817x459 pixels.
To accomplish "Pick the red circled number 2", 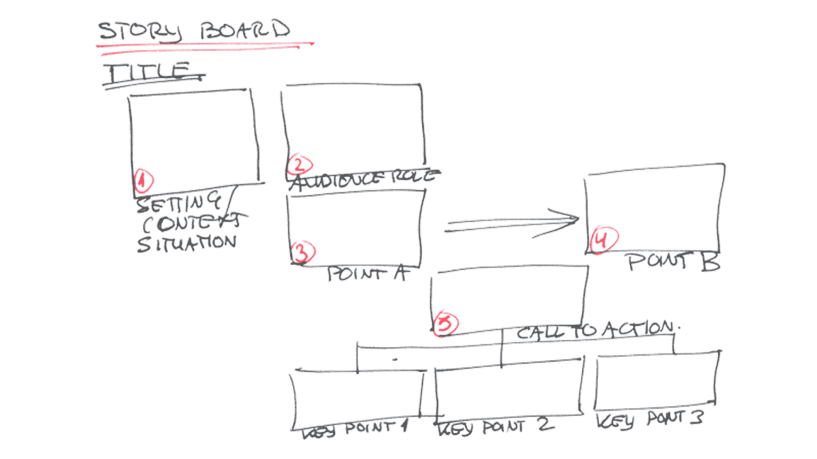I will (x=300, y=165).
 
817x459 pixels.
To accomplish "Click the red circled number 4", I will (x=604, y=239).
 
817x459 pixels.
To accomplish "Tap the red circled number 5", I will (x=445, y=324).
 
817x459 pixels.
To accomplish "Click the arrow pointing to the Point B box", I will (x=511, y=223).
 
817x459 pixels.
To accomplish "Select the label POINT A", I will (x=367, y=273).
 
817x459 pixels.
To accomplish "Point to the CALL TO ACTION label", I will (x=595, y=330).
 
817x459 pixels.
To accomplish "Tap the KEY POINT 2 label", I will (x=496, y=428).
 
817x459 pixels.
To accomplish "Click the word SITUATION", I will (x=187, y=243).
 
